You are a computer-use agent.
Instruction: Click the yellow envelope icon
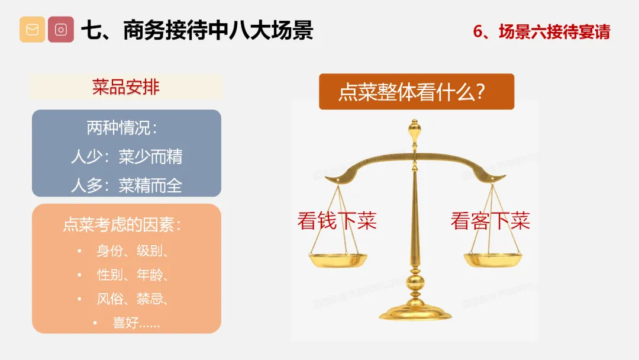coord(32,30)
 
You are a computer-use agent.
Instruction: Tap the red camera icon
coord(61,30)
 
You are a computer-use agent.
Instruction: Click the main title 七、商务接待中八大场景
coord(197,30)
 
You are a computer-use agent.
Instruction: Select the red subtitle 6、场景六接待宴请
coord(541,32)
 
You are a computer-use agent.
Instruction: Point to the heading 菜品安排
coord(126,87)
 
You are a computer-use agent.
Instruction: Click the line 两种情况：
coord(122,128)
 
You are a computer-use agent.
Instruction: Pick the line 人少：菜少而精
coord(127,156)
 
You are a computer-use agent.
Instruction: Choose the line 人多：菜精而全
coord(127,185)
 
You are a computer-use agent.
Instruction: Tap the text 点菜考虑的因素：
coord(122,224)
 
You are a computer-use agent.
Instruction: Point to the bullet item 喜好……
coord(136,323)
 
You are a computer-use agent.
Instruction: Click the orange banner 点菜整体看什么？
coord(417,91)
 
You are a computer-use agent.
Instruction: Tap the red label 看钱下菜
coord(337,221)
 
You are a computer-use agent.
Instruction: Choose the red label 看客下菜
coord(490,221)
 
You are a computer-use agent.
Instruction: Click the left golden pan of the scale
coord(338,260)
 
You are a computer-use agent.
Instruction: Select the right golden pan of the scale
coord(493,260)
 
